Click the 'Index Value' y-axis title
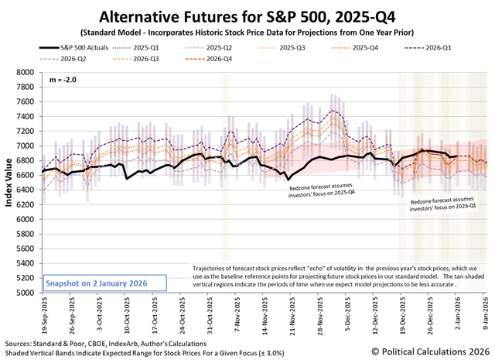(x=9, y=182)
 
